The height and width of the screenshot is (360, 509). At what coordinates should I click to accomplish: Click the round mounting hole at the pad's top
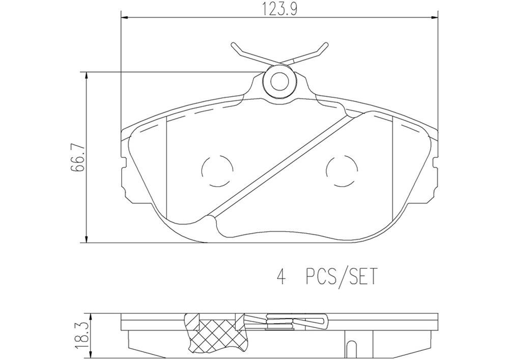[279, 81]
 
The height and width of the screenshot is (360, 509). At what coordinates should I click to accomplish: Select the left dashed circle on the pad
[217, 171]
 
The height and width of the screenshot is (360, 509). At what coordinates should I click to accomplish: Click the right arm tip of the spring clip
[324, 46]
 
